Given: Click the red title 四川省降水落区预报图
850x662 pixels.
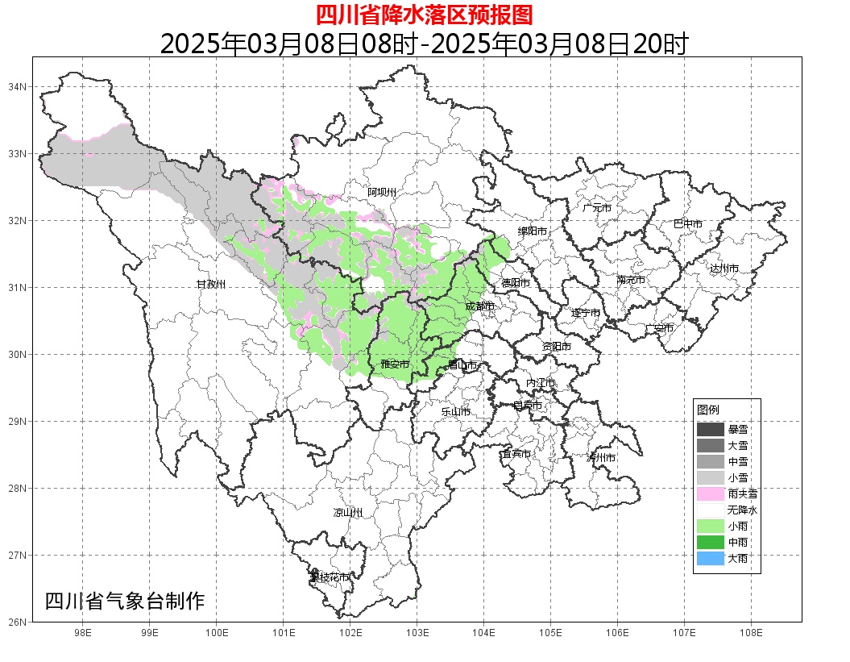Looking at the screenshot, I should (424, 15).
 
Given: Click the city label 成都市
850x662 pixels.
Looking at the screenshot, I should (479, 306).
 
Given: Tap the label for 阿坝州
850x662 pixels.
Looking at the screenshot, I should (383, 192).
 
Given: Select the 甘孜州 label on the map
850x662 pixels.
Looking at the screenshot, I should (212, 285).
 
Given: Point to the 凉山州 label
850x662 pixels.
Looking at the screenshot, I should (348, 513).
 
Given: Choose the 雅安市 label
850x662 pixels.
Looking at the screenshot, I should (395, 365).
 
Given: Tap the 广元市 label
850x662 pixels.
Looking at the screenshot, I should (597, 208).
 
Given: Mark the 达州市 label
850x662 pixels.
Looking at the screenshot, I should (724, 269).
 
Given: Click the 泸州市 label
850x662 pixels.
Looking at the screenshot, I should (601, 457).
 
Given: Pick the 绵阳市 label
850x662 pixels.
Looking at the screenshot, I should (533, 231).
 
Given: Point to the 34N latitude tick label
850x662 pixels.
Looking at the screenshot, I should (18, 86).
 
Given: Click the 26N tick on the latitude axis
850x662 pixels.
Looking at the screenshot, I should (18, 622).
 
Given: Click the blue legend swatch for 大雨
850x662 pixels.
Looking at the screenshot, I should (711, 558).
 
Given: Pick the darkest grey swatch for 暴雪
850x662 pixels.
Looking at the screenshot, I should (711, 430).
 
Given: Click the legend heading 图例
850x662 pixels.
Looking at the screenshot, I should (708, 410).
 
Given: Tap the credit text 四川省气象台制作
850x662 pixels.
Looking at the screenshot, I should (125, 601).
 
